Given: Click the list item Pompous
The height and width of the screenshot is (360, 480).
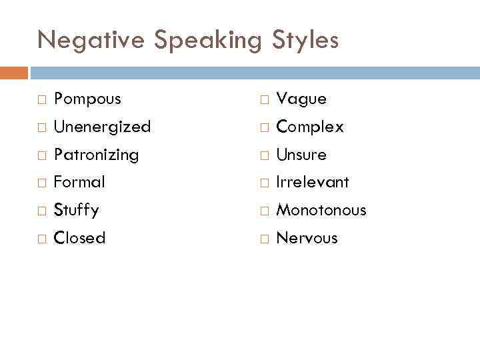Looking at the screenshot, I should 87,99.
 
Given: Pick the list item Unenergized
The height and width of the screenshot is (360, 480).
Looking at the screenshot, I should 102,127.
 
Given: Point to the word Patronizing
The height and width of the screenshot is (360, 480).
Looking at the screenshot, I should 96,155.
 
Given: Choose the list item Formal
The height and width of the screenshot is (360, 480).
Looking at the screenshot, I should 79,182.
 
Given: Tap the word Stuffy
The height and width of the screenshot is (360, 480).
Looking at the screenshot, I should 76,211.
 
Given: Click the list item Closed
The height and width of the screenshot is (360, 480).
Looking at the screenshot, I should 79,238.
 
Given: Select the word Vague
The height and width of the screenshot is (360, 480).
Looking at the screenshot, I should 301,99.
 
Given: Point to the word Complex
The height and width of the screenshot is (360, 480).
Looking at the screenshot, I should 310,127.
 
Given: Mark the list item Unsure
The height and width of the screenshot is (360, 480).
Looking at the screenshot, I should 301,155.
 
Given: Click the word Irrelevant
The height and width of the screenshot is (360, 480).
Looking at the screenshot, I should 313,182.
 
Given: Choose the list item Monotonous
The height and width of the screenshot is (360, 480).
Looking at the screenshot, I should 321,210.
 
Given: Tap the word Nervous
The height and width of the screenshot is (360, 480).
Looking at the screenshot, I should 307,238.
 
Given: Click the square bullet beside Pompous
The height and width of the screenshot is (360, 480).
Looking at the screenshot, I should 42,100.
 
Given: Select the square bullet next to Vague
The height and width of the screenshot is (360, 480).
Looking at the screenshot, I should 265,100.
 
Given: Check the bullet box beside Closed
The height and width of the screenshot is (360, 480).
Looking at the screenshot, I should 42,239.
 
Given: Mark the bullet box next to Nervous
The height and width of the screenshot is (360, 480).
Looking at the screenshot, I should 265,239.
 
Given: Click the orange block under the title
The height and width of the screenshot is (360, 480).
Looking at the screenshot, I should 14,72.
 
